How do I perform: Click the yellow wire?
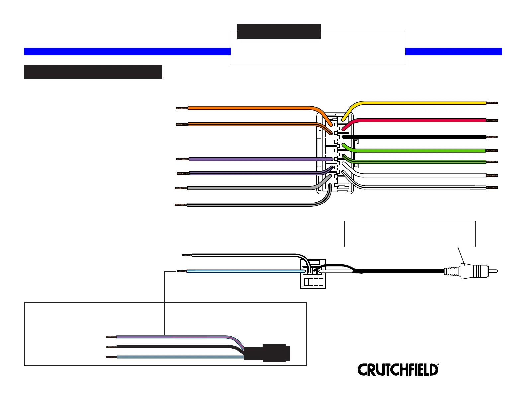[415, 103]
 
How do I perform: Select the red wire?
[415, 120]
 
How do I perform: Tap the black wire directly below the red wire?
[415, 137]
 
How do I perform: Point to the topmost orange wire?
[249, 108]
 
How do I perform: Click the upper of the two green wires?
[415, 150]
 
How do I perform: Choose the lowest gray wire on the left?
[249, 205]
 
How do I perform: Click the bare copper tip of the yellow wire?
[493, 103]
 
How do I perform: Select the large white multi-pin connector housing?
[335, 153]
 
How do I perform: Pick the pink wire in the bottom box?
[173, 337]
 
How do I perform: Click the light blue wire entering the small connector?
[246, 271]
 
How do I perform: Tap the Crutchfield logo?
[398, 370]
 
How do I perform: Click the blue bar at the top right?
[453, 51]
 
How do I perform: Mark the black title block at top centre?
[279, 32]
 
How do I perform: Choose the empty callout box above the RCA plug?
[409, 233]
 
